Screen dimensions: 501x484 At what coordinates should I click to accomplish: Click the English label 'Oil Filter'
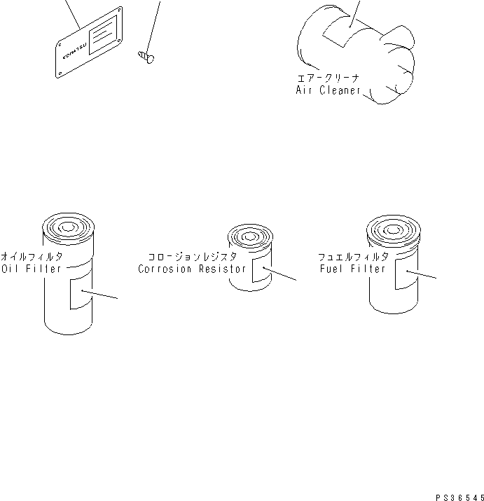(31, 269)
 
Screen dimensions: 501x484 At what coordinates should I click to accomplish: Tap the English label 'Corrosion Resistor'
(192, 269)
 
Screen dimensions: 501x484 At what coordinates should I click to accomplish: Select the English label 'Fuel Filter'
(352, 269)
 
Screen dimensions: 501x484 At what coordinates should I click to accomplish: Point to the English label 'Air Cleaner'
(328, 90)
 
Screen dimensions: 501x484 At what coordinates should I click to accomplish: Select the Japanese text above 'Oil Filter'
(31, 256)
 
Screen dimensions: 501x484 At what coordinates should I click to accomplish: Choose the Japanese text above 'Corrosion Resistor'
(191, 257)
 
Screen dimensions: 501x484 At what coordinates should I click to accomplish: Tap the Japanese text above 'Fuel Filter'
(352, 257)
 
